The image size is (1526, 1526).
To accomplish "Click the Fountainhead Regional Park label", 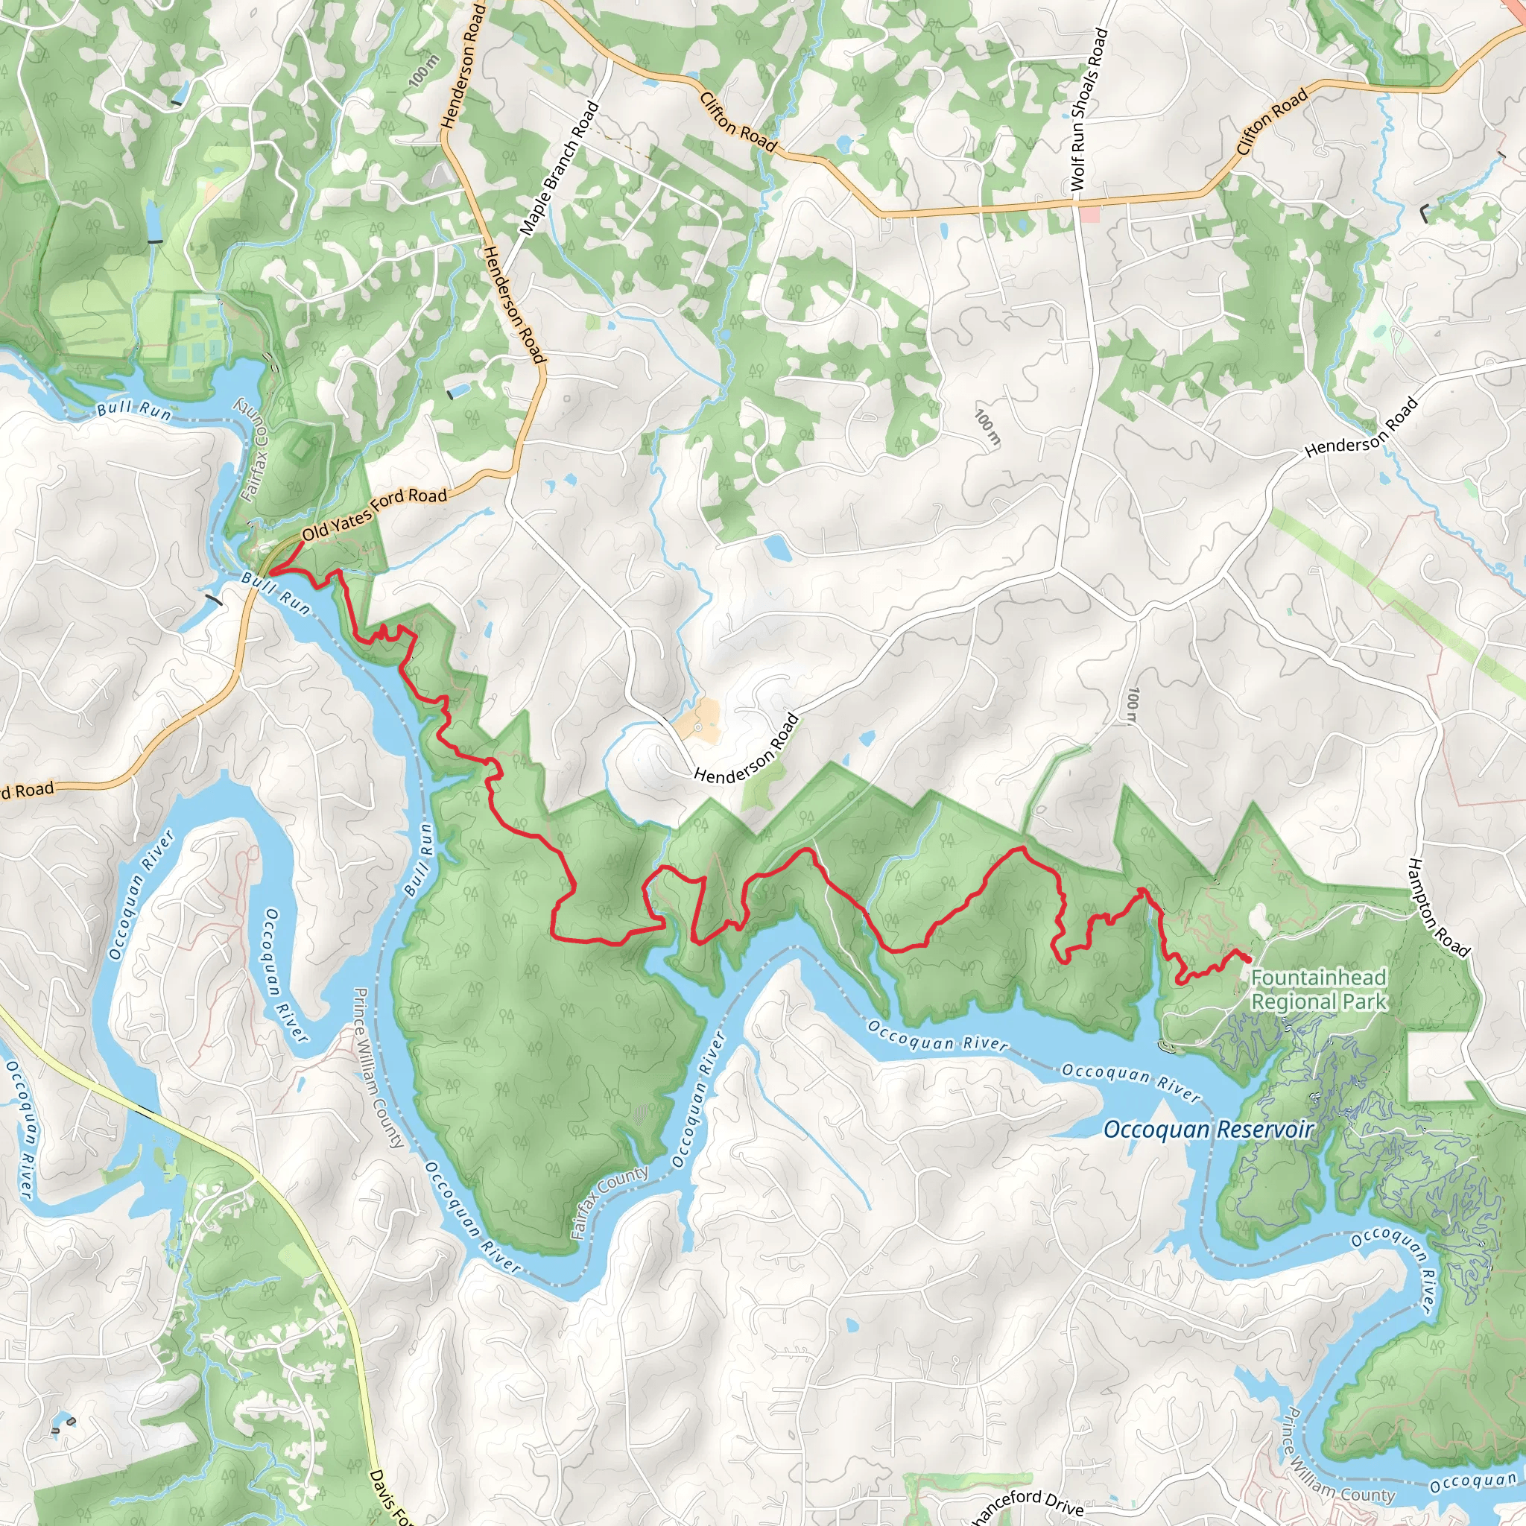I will click(x=1318, y=990).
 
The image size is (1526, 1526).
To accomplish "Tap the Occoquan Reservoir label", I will click(x=1208, y=1130).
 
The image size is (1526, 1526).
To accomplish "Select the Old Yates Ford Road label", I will click(x=374, y=513).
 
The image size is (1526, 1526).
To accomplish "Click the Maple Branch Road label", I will click(x=560, y=168).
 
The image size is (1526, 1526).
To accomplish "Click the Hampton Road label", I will click(x=1438, y=909).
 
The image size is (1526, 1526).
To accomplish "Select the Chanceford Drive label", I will click(x=1026, y=1504).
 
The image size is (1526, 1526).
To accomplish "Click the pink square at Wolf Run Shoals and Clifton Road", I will click(x=1089, y=214).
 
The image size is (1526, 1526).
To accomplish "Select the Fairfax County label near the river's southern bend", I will click(x=609, y=1202).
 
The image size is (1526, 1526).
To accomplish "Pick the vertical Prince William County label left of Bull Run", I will click(x=379, y=1067).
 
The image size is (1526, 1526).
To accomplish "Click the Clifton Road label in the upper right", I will click(x=1272, y=121).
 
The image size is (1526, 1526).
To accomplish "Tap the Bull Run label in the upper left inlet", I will click(x=134, y=409).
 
